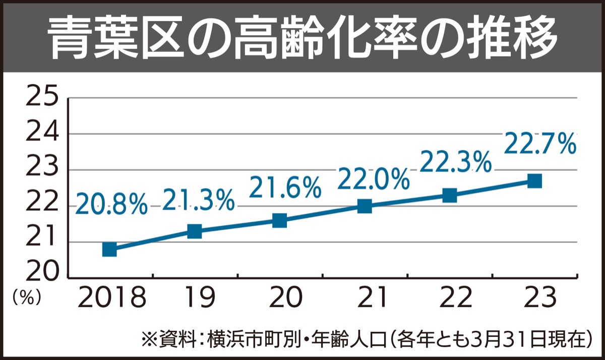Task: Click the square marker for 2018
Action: pyautogui.click(x=109, y=249)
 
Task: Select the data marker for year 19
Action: pyautogui.click(x=194, y=231)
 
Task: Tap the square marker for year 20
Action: pyautogui.click(x=279, y=220)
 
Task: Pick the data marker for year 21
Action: pyautogui.click(x=365, y=206)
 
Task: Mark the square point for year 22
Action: pyautogui.click(x=449, y=195)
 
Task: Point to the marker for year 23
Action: pyautogui.click(x=534, y=181)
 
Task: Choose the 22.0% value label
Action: pyautogui.click(x=373, y=178)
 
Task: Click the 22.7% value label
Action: pyautogui.click(x=539, y=144)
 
